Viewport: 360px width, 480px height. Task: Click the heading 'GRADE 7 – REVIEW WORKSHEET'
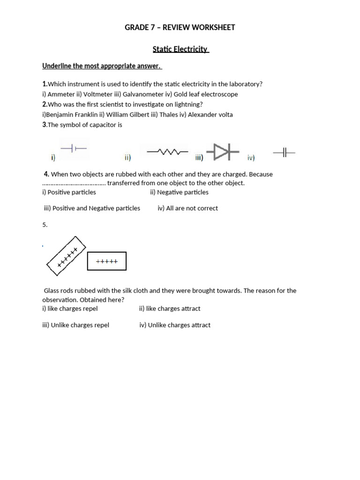click(x=180, y=28)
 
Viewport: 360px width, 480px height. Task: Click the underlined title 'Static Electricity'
click(x=180, y=49)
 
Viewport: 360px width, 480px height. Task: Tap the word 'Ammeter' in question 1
click(x=61, y=94)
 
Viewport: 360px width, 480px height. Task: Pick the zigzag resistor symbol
click(x=167, y=152)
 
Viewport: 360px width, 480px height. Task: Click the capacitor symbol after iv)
click(x=284, y=152)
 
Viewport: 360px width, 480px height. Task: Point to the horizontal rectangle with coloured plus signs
click(x=107, y=262)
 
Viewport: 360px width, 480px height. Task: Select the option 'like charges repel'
click(x=73, y=309)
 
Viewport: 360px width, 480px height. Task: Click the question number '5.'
click(x=45, y=225)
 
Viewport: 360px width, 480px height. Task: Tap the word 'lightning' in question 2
click(x=189, y=105)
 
